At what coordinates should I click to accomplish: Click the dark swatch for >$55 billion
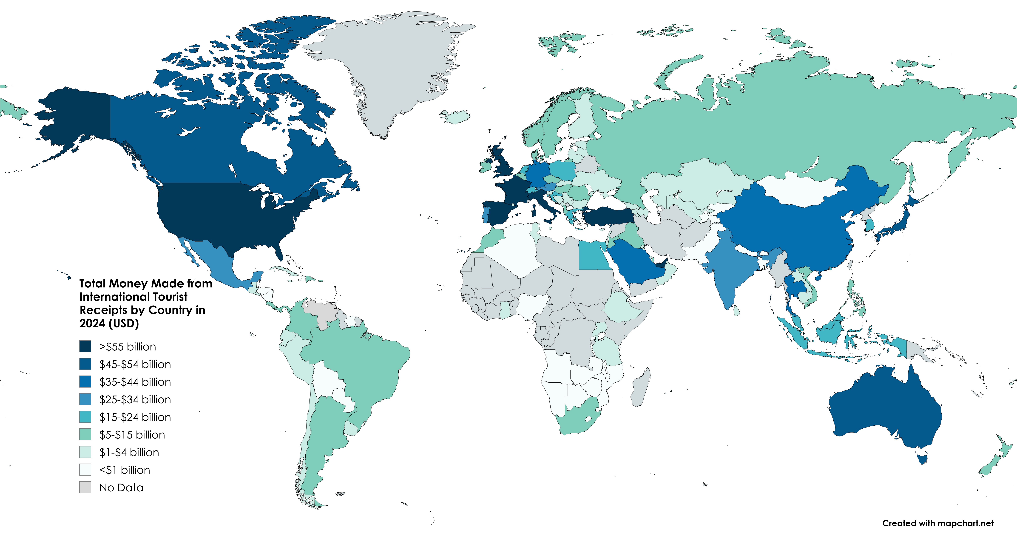pos(85,346)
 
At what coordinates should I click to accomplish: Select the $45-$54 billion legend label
pos(135,364)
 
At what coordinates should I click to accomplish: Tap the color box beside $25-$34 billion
pos(85,399)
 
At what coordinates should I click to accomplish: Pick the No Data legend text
pos(121,488)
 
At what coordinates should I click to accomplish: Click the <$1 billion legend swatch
pos(85,470)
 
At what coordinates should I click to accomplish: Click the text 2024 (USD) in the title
pos(109,324)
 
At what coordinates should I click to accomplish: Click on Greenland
pos(391,67)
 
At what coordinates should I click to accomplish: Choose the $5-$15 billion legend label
pos(132,435)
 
